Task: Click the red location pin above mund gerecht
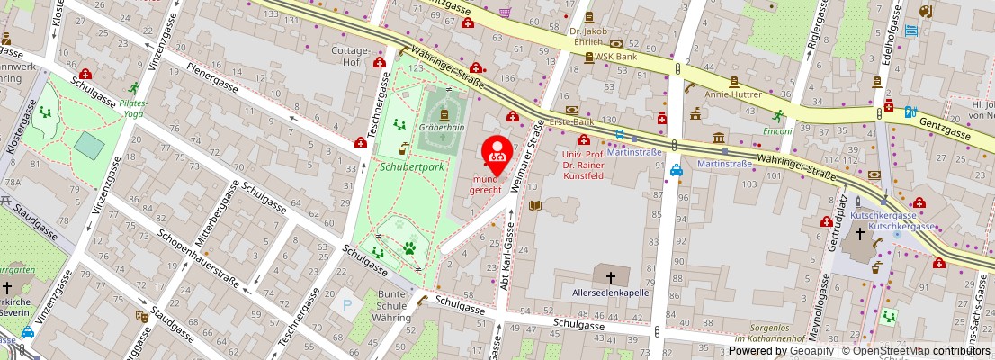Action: pyautogui.click(x=497, y=152)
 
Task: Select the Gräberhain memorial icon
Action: pyautogui.click(x=444, y=114)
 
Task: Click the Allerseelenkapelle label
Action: pyautogui.click(x=611, y=292)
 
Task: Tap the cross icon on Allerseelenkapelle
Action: pyautogui.click(x=611, y=277)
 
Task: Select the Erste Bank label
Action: pyautogui.click(x=572, y=121)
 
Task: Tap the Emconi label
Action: pyautogui.click(x=776, y=130)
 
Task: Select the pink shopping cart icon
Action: pyautogui.click(x=505, y=12)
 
